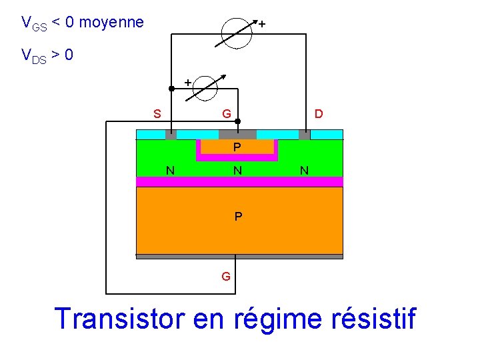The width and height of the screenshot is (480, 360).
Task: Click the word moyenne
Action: pyautogui.click(x=111, y=23)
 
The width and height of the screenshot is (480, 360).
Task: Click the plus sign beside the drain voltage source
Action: pyautogui.click(x=262, y=24)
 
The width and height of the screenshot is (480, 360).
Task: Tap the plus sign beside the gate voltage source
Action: pyautogui.click(x=187, y=81)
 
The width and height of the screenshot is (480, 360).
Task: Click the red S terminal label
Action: pyautogui.click(x=157, y=113)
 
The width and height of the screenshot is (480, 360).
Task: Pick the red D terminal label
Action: pyautogui.click(x=319, y=113)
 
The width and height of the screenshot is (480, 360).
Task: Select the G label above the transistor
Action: pyautogui.click(x=227, y=114)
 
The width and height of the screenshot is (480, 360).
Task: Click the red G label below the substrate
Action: pyautogui.click(x=226, y=276)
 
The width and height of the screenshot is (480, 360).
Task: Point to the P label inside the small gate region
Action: pyautogui.click(x=237, y=147)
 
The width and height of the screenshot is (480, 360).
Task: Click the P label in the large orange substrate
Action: pyautogui.click(x=238, y=217)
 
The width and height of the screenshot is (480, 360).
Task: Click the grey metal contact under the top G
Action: pyautogui.click(x=237, y=134)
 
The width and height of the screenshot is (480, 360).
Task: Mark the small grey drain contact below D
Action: pyautogui.click(x=305, y=135)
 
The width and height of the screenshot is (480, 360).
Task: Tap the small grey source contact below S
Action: pyautogui.click(x=171, y=135)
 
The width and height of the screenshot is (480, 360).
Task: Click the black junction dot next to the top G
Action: pyautogui.click(x=238, y=122)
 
